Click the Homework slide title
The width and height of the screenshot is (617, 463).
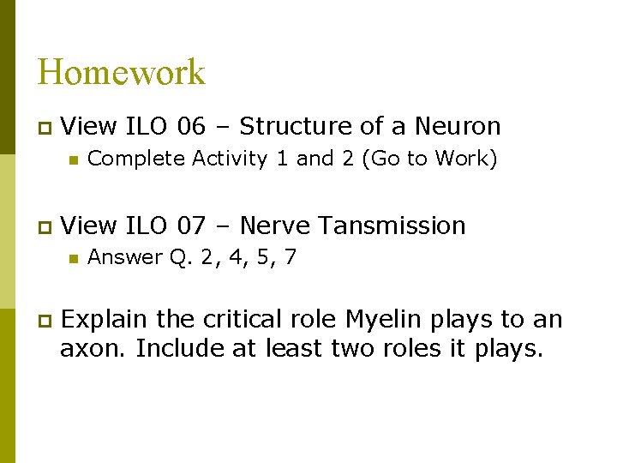(x=121, y=72)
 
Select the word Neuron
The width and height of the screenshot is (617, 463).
(x=458, y=127)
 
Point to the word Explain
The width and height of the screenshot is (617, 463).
(x=105, y=320)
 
